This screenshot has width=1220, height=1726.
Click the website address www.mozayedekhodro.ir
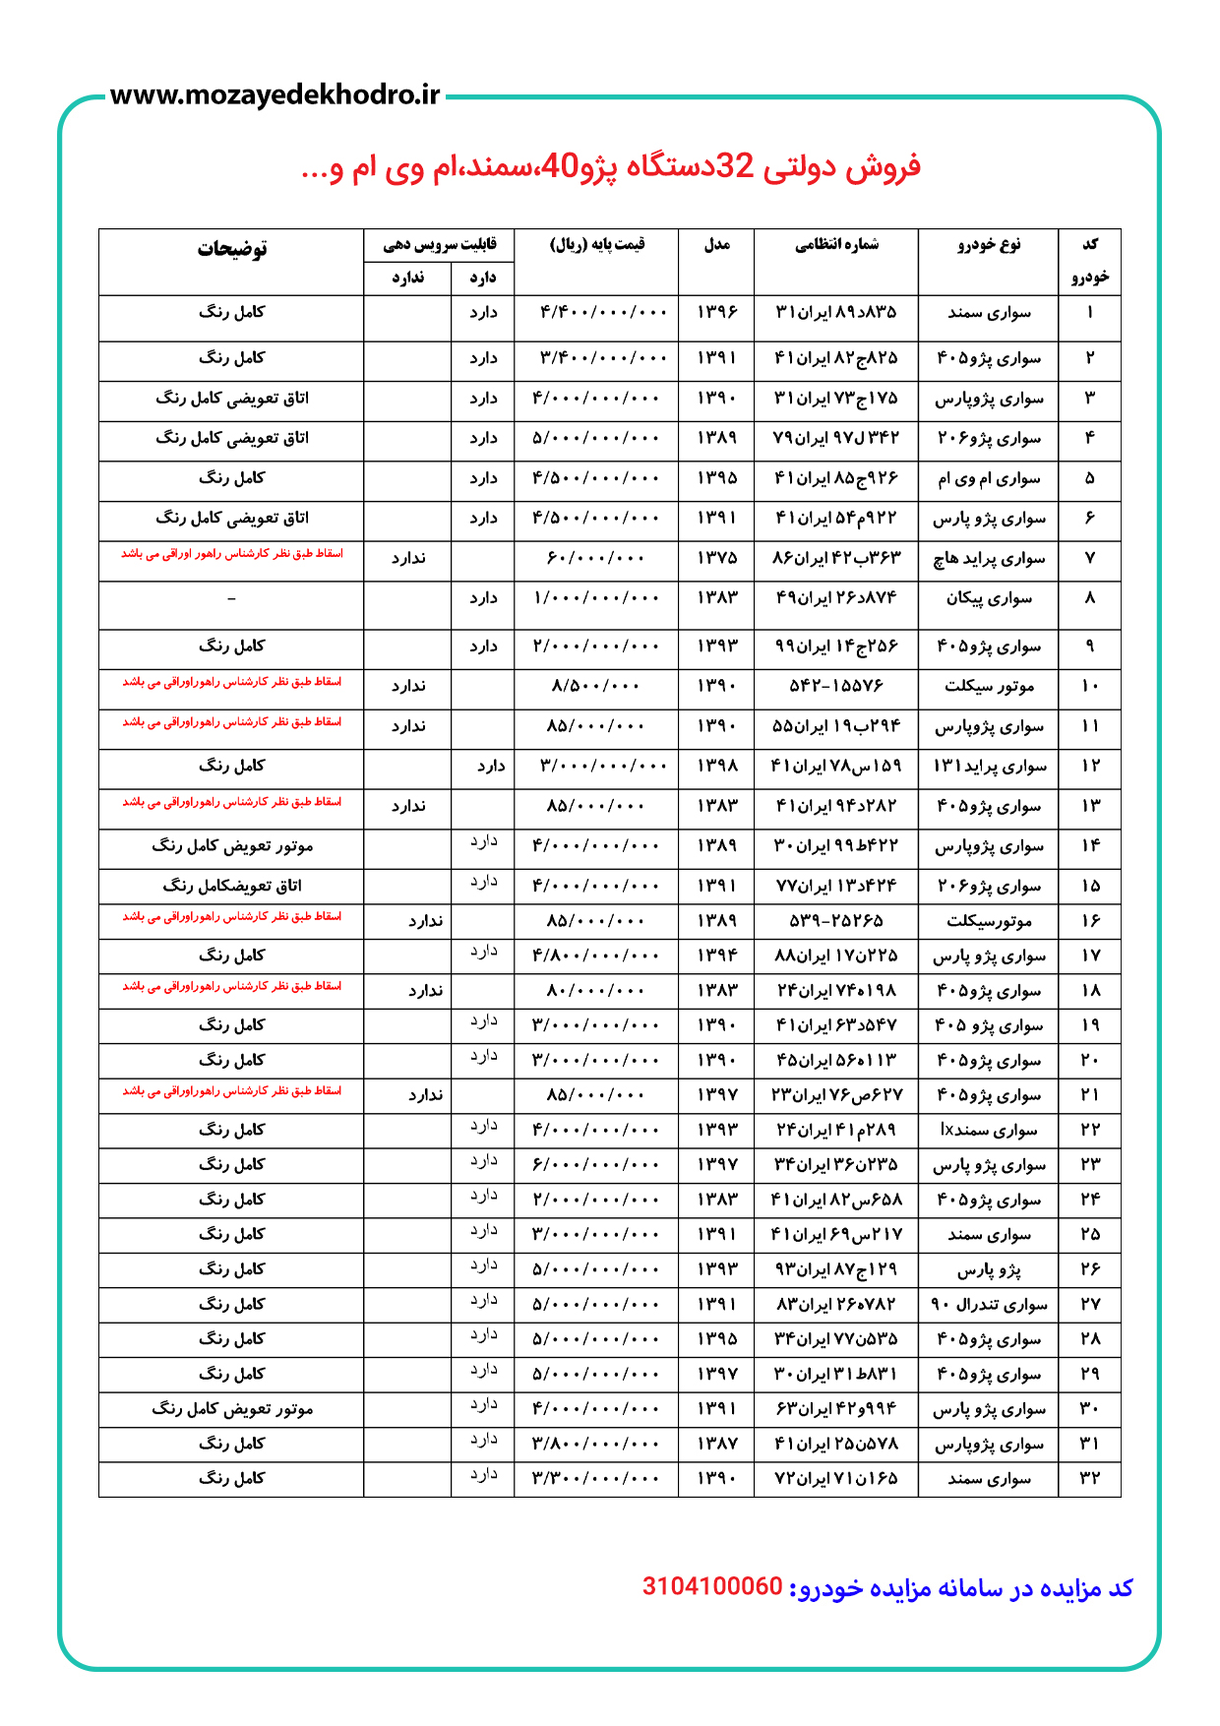274,95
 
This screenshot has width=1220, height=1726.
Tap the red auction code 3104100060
712,1586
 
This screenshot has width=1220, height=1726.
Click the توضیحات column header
231,249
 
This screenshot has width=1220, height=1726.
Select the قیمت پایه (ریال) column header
596,245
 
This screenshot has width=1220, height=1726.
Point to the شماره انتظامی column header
836,245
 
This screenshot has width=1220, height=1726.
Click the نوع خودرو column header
989,245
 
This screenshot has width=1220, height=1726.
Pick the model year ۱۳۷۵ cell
716,558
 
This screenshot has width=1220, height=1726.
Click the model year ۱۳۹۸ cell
716,766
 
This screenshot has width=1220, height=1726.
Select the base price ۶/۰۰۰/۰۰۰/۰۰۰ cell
596,1165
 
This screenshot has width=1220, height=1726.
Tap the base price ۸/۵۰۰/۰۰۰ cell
596,686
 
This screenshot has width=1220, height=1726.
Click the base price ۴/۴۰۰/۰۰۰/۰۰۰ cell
603,313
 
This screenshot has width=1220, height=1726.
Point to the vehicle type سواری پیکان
989,598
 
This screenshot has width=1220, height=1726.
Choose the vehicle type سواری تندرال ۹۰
989,1305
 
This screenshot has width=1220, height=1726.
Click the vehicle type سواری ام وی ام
989,479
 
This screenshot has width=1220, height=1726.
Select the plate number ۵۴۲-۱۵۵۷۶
836,686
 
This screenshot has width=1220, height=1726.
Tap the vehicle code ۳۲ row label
1090,1479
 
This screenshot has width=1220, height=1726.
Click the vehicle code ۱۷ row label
1090,956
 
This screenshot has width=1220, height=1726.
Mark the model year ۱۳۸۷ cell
716,1445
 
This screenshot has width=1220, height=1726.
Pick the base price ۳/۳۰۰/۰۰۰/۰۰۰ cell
596,1479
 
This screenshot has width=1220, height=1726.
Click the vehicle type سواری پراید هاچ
989,559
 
